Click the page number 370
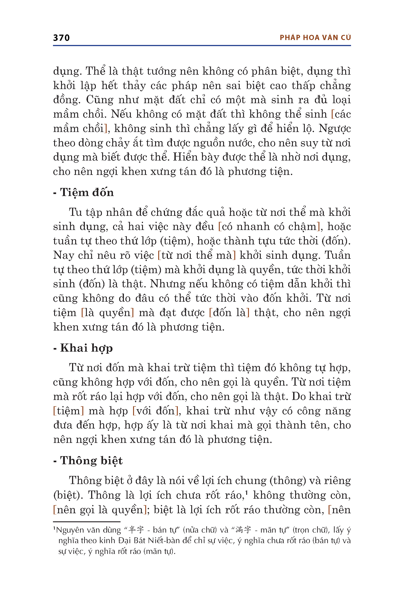tap(61, 38)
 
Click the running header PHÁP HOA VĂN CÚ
tap(315, 38)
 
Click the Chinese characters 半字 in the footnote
tap(136, 530)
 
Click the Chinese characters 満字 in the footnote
tap(243, 530)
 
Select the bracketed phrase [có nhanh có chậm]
tap(269, 227)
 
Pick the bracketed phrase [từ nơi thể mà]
tap(197, 255)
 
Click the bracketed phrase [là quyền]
tap(108, 313)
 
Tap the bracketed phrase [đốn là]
tap(229, 313)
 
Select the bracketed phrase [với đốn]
tap(156, 411)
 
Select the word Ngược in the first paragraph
tap(334, 129)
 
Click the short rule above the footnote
tap(87, 522)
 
